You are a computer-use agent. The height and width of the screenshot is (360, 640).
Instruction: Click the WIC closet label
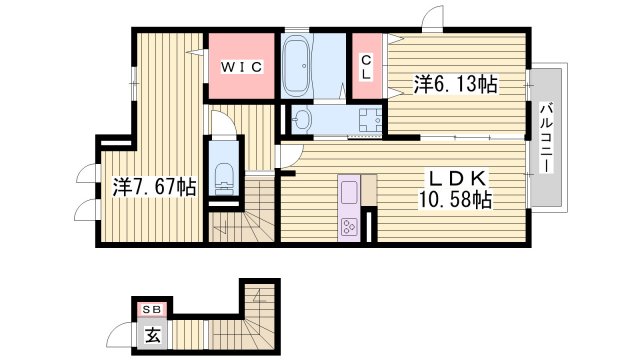tap(241, 67)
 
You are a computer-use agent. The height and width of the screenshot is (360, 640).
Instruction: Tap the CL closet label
tap(366, 67)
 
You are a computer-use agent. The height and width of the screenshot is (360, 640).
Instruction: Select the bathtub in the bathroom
tap(297, 67)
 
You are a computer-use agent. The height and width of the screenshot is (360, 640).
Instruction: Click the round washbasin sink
tap(302, 120)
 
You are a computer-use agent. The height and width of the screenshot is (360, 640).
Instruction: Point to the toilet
tap(221, 176)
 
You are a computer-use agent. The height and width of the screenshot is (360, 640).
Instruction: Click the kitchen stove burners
tap(350, 226)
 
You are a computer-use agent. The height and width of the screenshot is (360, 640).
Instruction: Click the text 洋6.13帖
tap(455, 84)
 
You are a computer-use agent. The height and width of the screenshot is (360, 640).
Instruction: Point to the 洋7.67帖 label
tap(153, 186)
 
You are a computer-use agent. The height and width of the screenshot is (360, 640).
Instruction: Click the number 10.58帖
tap(455, 200)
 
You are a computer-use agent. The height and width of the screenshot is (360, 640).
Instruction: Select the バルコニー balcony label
tap(545, 137)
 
